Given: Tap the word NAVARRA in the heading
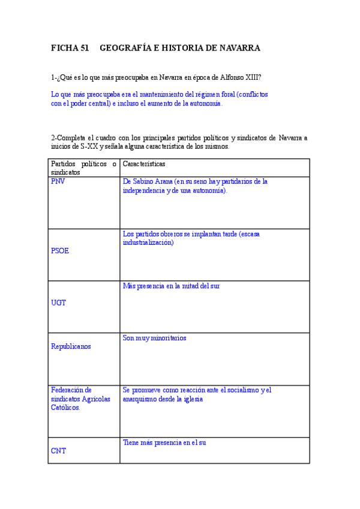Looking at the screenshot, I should (x=238, y=48).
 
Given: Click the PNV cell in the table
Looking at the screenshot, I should (x=59, y=181).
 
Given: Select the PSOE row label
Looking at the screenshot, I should (x=60, y=251).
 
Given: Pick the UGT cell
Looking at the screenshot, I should (x=59, y=303).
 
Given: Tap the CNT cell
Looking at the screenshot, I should (x=59, y=451).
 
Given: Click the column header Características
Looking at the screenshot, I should (x=144, y=163).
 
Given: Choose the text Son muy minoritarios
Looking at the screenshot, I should (x=154, y=338).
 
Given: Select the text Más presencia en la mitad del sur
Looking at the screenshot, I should (x=171, y=286).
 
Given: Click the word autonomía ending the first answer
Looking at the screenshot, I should (x=205, y=103).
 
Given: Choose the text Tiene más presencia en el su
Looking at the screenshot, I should (x=164, y=442).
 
